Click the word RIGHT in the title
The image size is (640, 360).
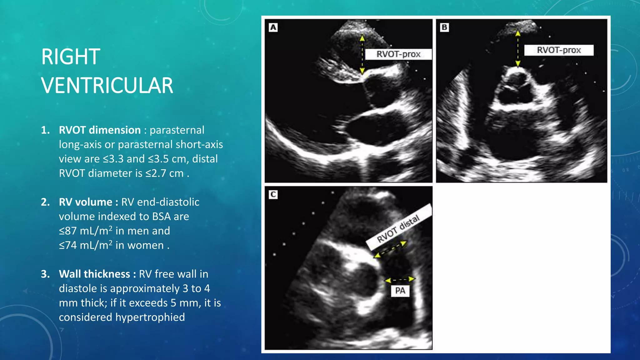click(71, 57)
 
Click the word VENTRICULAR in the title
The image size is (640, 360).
click(107, 86)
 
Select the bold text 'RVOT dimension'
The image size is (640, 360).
click(100, 130)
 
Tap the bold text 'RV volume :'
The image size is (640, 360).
click(88, 202)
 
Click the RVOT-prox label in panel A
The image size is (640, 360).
click(398, 54)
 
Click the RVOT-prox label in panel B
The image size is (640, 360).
click(558, 50)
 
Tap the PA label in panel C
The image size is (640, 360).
click(400, 291)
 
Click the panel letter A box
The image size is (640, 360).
click(273, 27)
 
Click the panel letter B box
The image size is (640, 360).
click(444, 27)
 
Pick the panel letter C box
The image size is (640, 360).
click(273, 195)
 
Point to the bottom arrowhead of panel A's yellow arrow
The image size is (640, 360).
click(362, 72)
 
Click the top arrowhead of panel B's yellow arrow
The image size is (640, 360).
click(518, 33)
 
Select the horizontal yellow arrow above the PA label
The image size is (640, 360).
click(400, 279)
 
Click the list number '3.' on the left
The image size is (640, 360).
click(46, 274)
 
